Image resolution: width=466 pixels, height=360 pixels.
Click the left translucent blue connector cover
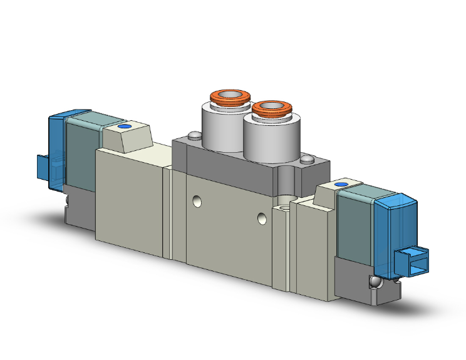56,150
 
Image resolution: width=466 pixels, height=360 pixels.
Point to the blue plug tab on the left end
43,167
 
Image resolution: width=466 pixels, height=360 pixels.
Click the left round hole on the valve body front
197,202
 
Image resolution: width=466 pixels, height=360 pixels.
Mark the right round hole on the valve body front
262,219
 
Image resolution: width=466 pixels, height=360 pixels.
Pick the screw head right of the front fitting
306,161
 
